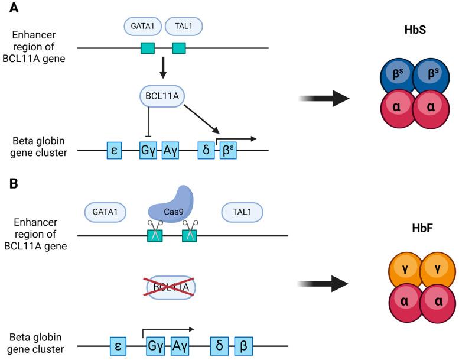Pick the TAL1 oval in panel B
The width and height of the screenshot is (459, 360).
tap(242, 212)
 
